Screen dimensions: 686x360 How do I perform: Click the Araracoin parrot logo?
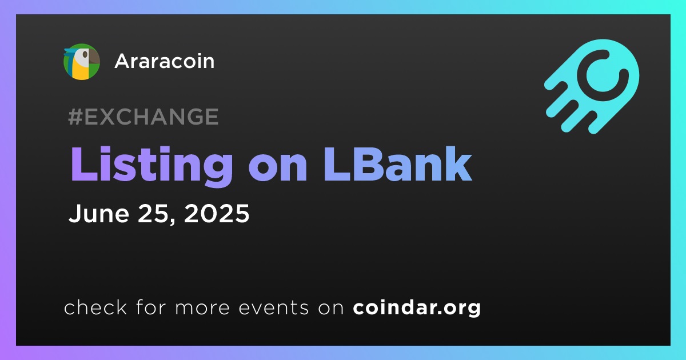[81, 62]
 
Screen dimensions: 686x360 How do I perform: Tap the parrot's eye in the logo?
[85, 55]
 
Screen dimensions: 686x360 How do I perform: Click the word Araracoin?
[165, 61]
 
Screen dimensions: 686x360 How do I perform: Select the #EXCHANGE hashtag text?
[143, 117]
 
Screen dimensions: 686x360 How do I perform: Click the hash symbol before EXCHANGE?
[75, 117]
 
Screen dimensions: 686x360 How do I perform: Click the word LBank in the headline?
[398, 164]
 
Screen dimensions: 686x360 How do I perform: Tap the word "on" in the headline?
[278, 169]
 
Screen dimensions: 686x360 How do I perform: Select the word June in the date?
[99, 213]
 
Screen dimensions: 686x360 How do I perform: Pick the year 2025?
[217, 213]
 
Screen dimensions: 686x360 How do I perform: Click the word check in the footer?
[95, 307]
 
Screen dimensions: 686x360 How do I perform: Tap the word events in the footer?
[274, 307]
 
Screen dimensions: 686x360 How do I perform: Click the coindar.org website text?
[417, 308]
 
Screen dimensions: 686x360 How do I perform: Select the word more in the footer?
[202, 308]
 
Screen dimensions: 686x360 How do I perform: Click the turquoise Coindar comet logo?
[592, 86]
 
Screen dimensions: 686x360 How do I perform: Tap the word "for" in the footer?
[151, 307]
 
